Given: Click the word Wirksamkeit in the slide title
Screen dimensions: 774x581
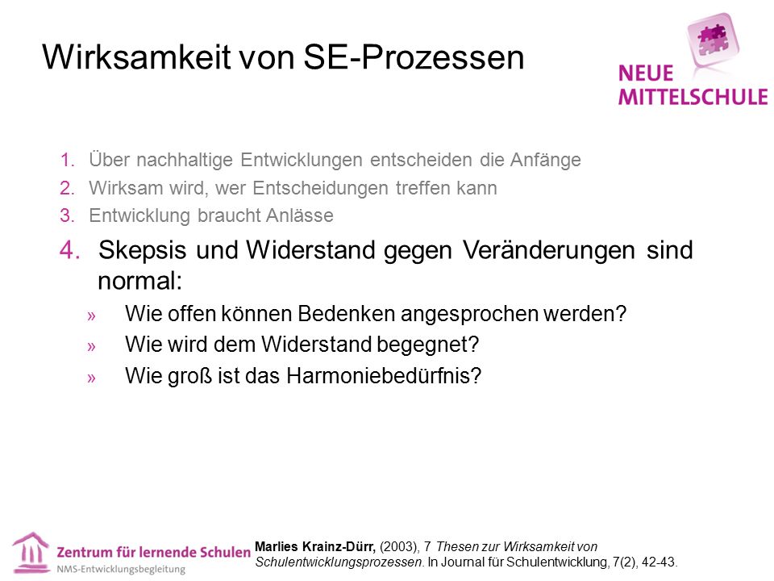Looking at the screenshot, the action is (x=137, y=56).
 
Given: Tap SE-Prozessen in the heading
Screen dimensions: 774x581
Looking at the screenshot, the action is (x=414, y=56).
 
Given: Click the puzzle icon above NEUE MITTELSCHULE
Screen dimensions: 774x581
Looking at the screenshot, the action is (x=712, y=39).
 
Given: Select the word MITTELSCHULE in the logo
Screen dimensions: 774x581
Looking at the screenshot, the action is (x=693, y=97).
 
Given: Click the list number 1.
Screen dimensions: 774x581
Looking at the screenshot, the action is (x=67, y=160).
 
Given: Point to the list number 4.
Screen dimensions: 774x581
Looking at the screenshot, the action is (x=69, y=249).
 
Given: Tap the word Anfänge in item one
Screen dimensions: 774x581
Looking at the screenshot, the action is (x=546, y=160).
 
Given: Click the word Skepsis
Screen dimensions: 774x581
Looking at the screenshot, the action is (x=142, y=250).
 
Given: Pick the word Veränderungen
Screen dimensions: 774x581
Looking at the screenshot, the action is (x=548, y=250).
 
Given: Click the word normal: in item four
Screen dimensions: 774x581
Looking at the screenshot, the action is (x=140, y=281).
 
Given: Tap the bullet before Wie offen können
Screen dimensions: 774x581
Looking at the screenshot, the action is (x=91, y=316).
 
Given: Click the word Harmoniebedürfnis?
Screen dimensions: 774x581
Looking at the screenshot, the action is (x=384, y=375).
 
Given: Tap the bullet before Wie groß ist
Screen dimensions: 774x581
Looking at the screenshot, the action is (x=91, y=378).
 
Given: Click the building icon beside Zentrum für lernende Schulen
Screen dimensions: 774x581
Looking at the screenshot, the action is (x=31, y=553).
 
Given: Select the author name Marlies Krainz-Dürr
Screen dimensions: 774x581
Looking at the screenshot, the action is (x=315, y=547).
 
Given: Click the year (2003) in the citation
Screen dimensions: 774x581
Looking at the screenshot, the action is (x=399, y=547).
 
